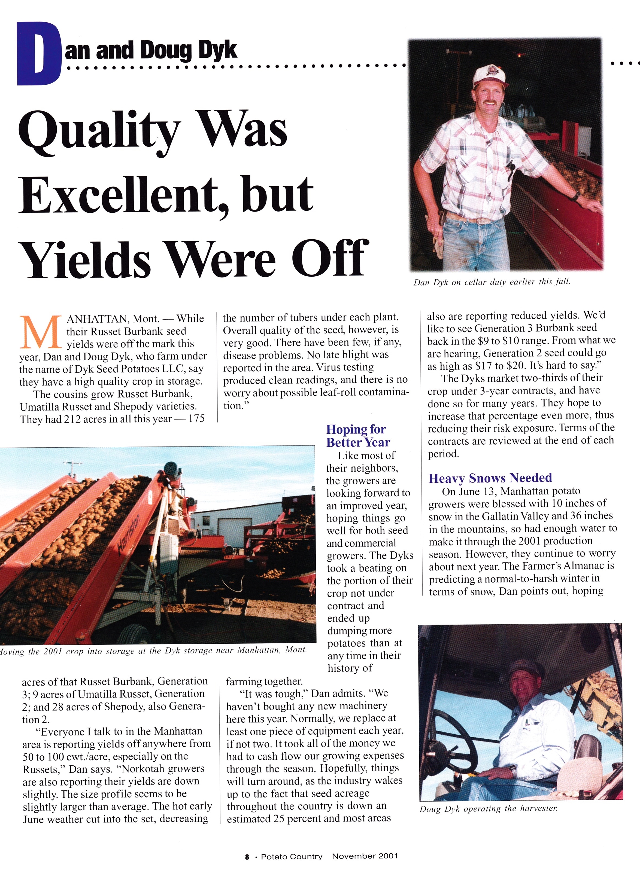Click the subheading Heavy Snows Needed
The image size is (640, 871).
pos(490,478)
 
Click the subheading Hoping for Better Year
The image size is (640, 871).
pos(357,436)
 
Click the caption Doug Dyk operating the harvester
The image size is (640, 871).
pos(489,809)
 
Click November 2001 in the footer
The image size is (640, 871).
pos(365,856)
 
